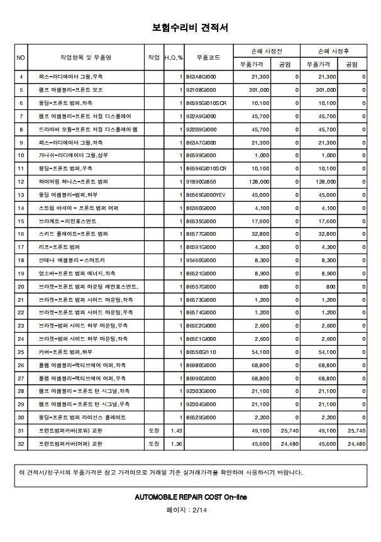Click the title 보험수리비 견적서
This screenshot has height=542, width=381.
point(190,28)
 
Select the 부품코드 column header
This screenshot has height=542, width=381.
point(207,57)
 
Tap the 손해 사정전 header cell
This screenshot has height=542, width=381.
point(266,50)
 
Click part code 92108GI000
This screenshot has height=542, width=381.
point(201,90)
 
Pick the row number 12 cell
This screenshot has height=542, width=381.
point(21,181)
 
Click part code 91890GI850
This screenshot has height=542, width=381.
point(201,181)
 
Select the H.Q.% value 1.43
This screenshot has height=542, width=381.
point(176,431)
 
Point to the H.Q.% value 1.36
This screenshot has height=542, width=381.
point(176,444)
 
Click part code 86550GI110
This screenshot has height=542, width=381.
point(201,352)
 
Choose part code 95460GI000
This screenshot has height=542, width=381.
point(201,260)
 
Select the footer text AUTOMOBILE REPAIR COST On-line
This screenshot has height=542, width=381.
point(190,497)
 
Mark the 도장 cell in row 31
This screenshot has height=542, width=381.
point(153,431)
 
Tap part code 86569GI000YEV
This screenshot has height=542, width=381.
point(206,194)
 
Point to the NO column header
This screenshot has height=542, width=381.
point(21,57)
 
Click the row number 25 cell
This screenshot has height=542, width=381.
point(21,352)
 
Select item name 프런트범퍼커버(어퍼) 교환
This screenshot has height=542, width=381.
point(70,444)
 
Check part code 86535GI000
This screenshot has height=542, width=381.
point(201,221)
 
